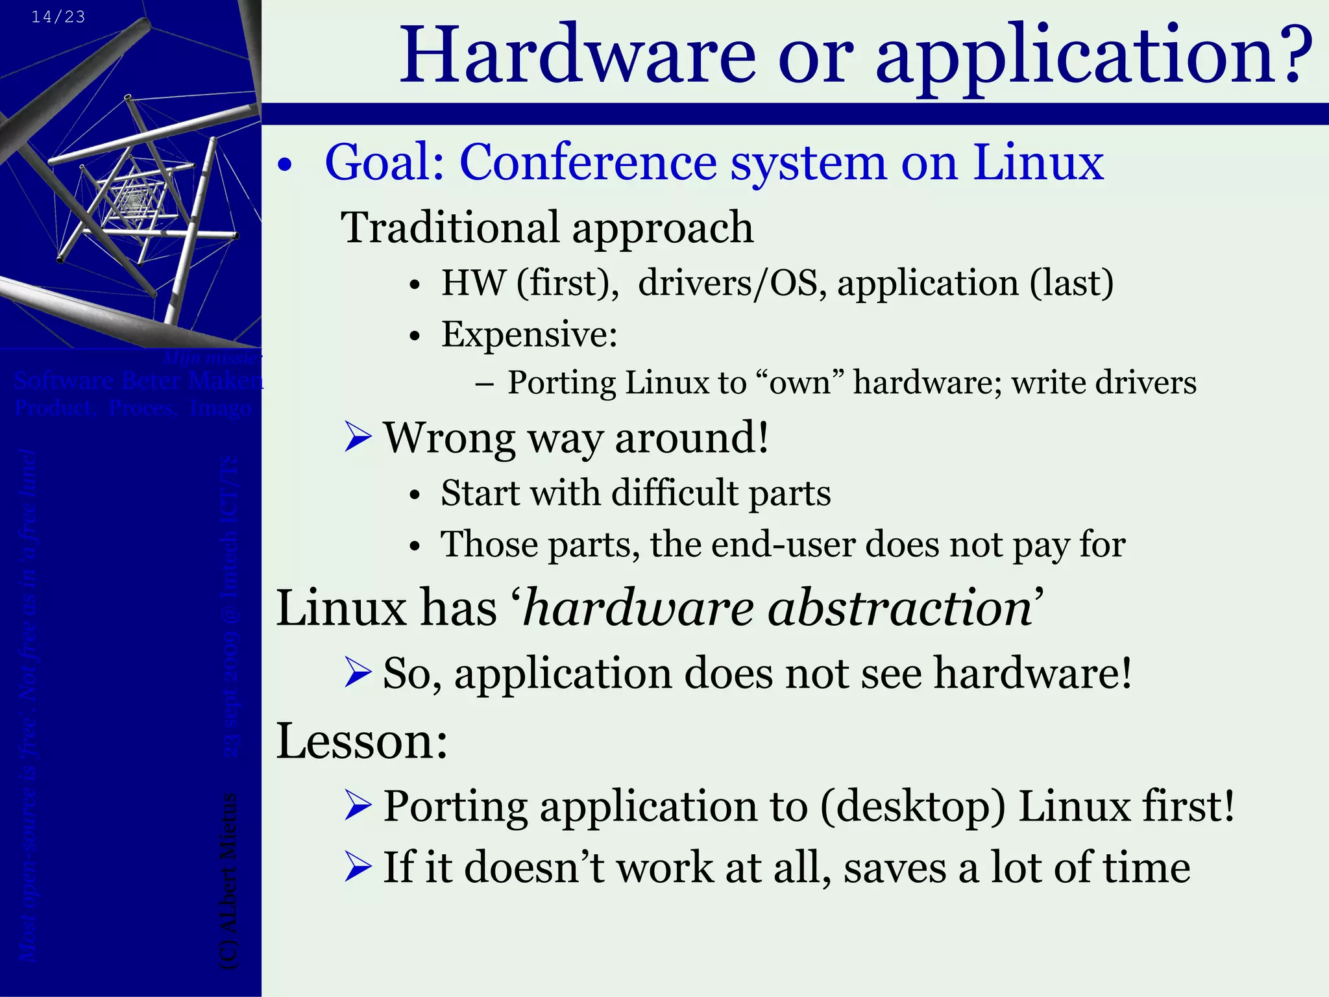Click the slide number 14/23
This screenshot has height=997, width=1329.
coord(58,17)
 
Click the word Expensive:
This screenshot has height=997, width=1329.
coord(529,334)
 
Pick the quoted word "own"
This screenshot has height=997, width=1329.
coord(799,382)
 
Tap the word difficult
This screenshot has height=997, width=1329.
coord(675,493)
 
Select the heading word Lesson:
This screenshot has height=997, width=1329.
coord(362,741)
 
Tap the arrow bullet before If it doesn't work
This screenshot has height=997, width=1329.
coord(358,867)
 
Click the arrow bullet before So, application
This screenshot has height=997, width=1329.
coord(358,672)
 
